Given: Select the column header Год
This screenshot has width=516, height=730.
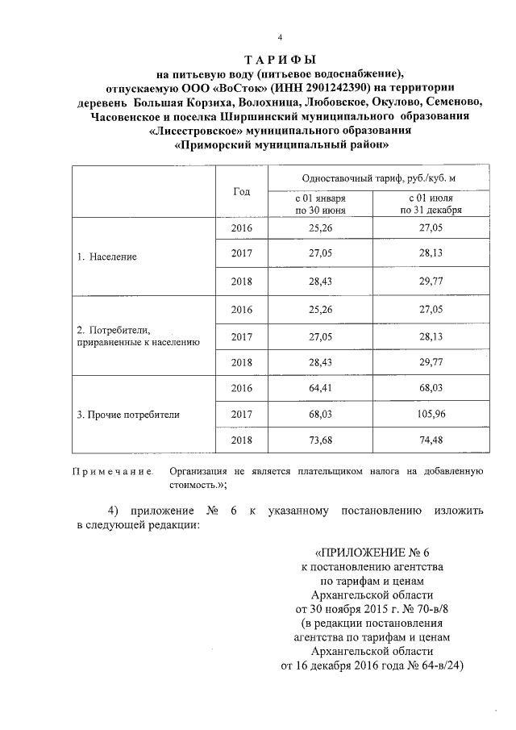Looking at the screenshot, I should pos(241,192).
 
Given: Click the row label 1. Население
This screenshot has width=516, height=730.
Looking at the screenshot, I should pos(106,257).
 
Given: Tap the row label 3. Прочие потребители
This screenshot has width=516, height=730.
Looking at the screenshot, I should pos(127,415).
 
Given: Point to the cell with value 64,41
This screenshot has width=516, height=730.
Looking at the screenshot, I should pos(320,389).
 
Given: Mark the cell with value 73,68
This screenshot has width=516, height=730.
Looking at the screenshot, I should pos(320,440).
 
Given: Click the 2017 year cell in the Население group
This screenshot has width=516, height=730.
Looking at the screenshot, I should pos(241,257).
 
